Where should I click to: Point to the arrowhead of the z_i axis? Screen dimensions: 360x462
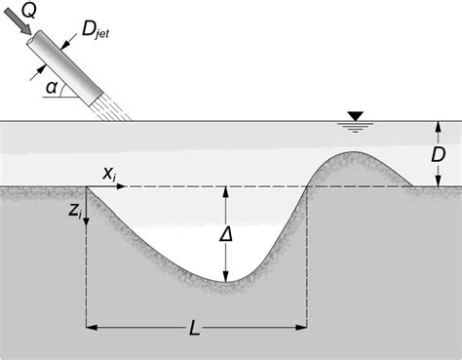pyautogui.click(x=87, y=223)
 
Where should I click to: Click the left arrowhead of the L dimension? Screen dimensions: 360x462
pyautogui.click(x=92, y=327)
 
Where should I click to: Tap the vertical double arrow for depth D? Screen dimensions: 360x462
pyautogui.click(x=436, y=154)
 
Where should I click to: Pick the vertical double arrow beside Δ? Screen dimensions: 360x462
pyautogui.click(x=226, y=234)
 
